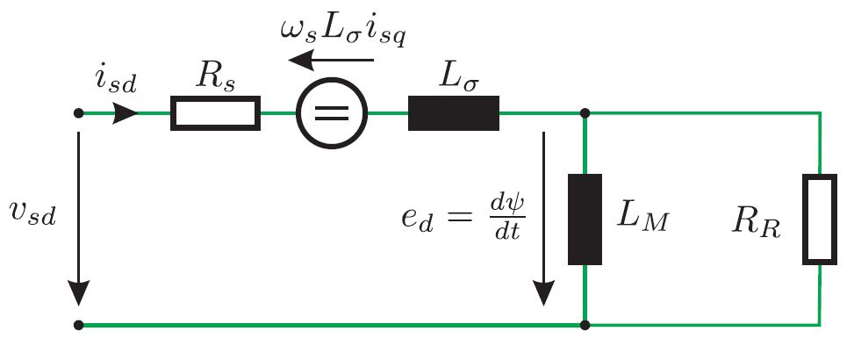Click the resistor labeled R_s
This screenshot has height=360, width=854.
click(x=215, y=114)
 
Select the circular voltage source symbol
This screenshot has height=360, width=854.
click(x=332, y=114)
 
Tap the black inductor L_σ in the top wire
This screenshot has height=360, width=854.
click(x=453, y=114)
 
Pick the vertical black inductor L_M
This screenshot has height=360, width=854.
click(x=585, y=220)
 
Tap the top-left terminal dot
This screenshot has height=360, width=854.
click(x=79, y=114)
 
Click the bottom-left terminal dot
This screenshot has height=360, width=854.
click(x=79, y=325)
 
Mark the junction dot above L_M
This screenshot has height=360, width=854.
click(x=585, y=114)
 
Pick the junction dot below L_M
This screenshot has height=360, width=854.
click(x=585, y=325)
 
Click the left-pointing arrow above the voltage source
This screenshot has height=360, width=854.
click(x=332, y=61)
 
